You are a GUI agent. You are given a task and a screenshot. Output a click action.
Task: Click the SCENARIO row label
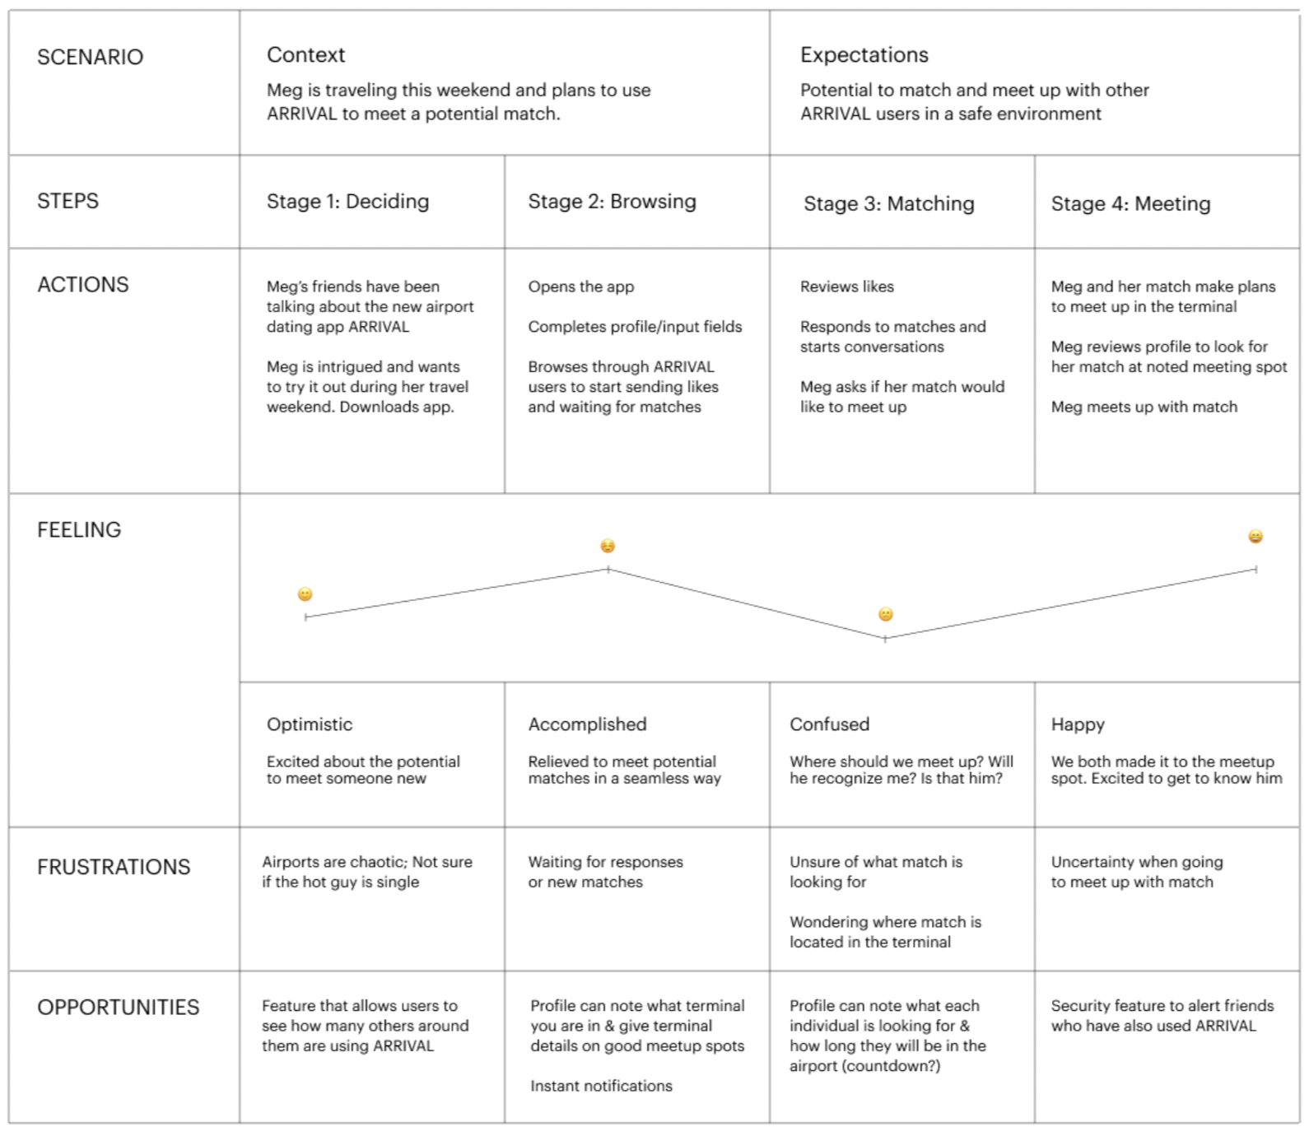tap(90, 57)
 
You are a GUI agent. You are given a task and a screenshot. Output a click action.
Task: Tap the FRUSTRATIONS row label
tap(114, 867)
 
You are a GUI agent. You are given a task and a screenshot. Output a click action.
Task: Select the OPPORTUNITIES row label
tap(118, 1007)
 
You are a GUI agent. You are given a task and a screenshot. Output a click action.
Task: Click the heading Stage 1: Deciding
tap(347, 202)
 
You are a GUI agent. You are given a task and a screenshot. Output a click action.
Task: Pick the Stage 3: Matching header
tap(889, 204)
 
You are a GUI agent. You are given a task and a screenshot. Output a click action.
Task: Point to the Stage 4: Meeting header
tap(1130, 204)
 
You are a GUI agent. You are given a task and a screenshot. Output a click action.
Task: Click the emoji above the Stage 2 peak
tap(608, 546)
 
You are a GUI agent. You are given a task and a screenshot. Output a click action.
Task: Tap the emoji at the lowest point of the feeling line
tap(886, 614)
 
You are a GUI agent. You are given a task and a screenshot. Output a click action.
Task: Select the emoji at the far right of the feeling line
tap(1255, 537)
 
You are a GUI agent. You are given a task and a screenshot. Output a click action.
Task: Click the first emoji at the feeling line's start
tap(305, 594)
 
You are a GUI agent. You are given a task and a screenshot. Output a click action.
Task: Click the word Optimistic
tap(310, 724)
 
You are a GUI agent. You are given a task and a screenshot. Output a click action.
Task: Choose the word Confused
tap(829, 724)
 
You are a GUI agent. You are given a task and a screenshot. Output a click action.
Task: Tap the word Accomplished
tap(587, 724)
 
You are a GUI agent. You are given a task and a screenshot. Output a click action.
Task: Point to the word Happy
tap(1078, 725)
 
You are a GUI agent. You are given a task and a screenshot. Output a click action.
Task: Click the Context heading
tap(305, 55)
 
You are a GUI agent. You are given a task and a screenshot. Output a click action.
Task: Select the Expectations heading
tap(864, 55)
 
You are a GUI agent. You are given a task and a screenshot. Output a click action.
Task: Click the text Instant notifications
tap(601, 1086)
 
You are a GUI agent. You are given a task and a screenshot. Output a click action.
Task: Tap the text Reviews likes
tap(847, 286)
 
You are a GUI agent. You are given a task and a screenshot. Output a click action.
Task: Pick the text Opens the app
tap(581, 287)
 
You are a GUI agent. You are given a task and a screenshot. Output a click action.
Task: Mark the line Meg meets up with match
tap(1144, 407)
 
